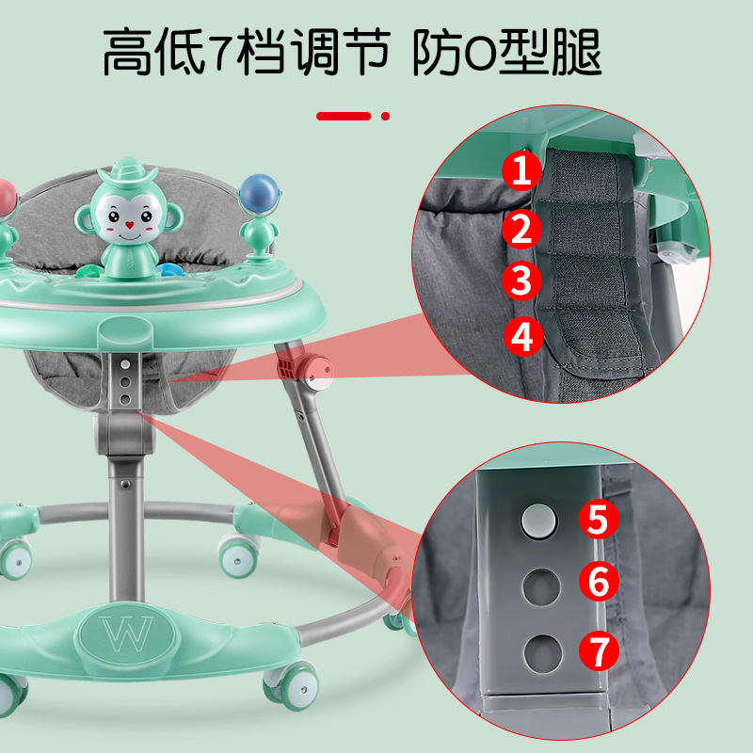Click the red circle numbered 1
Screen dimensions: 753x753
click(x=522, y=170)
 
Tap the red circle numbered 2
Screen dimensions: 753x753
click(x=522, y=229)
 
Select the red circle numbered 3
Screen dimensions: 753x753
click(x=522, y=280)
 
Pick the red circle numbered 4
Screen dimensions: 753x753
click(x=523, y=336)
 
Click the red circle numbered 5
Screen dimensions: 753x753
click(x=599, y=519)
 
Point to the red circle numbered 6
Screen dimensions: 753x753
click(x=599, y=581)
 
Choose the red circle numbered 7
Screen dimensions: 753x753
click(x=599, y=650)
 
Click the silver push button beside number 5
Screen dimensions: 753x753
click(x=538, y=521)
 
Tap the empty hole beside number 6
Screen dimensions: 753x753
click(x=542, y=586)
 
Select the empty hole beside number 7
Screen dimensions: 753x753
click(x=543, y=653)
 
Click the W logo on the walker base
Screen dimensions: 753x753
click(x=127, y=633)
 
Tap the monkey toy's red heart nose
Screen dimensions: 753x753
click(x=129, y=224)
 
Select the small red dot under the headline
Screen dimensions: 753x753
click(x=385, y=116)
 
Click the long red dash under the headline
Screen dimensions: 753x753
click(x=344, y=116)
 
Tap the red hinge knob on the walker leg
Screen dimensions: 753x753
click(x=316, y=372)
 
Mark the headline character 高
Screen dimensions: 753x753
click(x=127, y=52)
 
